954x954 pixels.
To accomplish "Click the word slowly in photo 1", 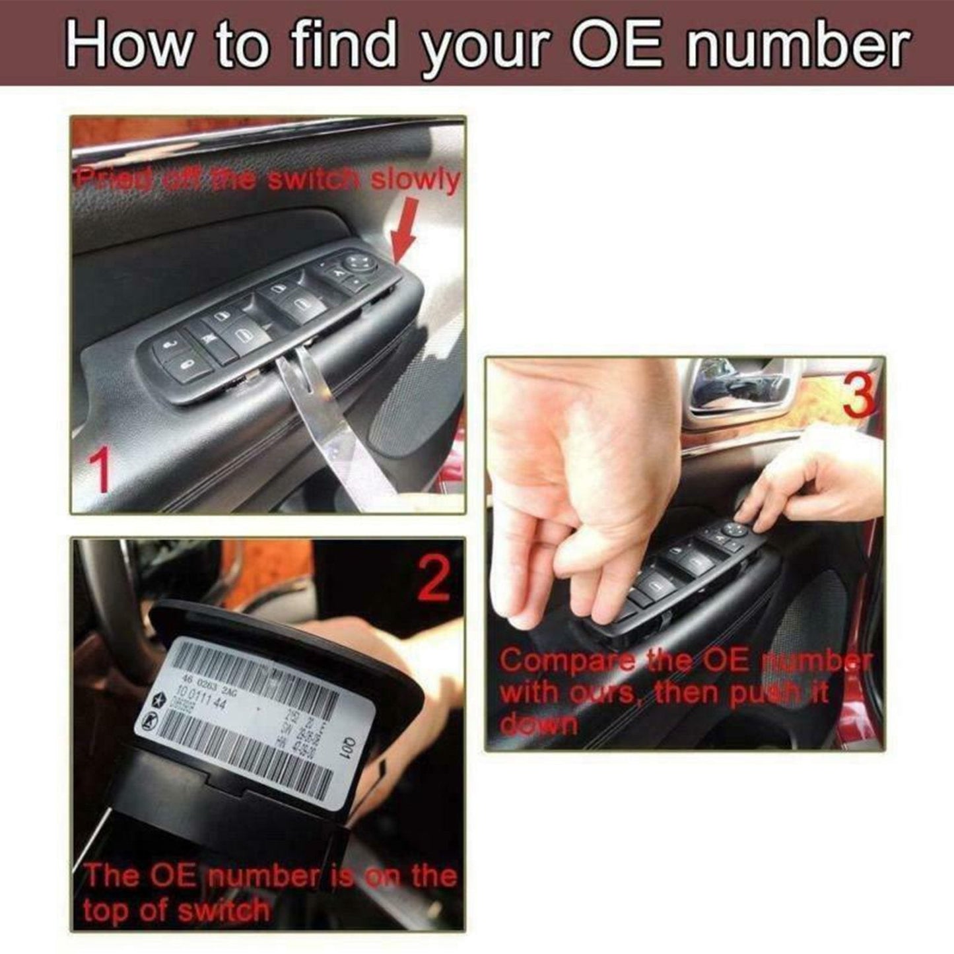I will pos(414,180).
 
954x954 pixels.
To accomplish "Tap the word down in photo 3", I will pos(539,724).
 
